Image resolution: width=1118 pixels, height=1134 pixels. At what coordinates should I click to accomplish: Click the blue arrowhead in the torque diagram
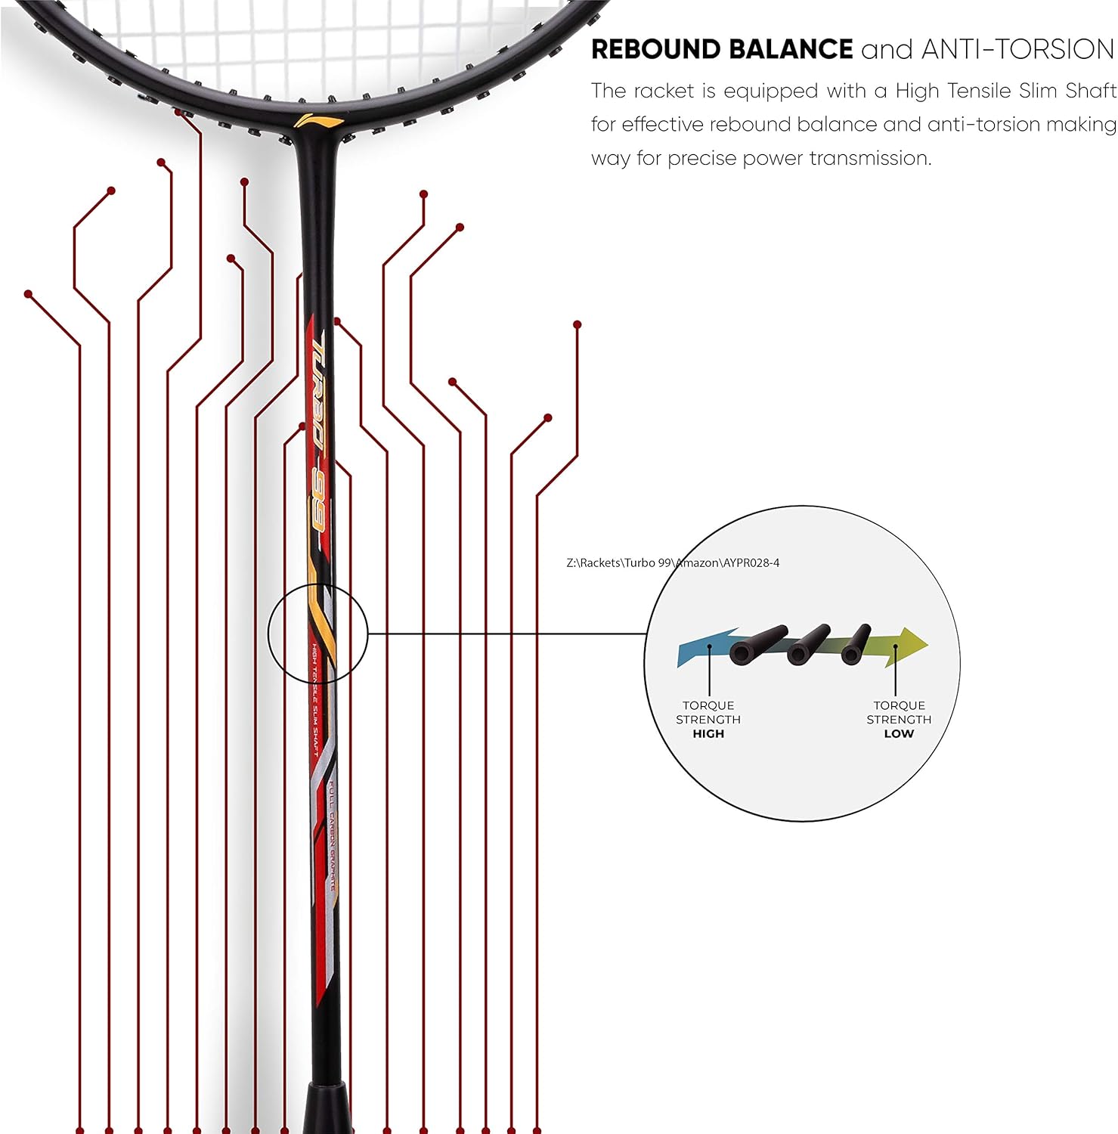[x=699, y=646]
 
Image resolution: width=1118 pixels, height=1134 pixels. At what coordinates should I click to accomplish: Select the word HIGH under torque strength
[x=708, y=733]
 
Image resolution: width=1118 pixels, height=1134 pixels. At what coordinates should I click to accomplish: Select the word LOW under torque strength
[x=899, y=733]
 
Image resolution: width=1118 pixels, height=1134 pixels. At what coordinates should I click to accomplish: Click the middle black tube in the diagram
[x=808, y=645]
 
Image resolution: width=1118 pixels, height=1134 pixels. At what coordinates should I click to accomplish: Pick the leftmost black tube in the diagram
[x=758, y=644]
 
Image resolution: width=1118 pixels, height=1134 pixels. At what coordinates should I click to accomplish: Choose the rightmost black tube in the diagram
[x=856, y=644]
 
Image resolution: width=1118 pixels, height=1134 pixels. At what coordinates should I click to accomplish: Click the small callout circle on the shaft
[x=317, y=634]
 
